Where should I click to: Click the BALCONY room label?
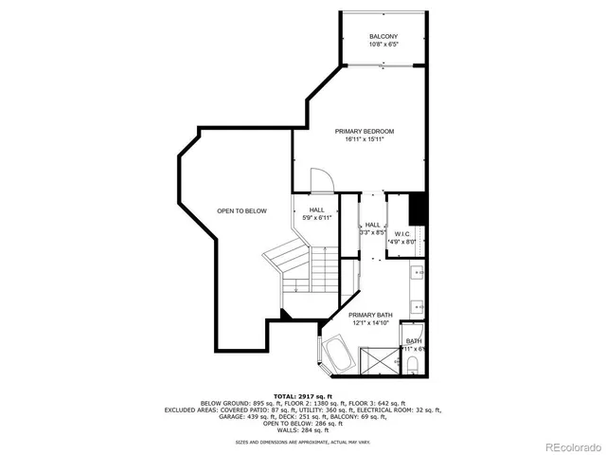pos(383,36)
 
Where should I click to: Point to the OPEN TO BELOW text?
pos(241,210)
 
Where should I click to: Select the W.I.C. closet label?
pos(401,233)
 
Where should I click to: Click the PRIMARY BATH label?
pos(370,315)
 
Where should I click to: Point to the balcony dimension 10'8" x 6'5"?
pos(383,45)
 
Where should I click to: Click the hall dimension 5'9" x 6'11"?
pos(317,218)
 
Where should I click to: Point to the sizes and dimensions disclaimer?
pos(302,442)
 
